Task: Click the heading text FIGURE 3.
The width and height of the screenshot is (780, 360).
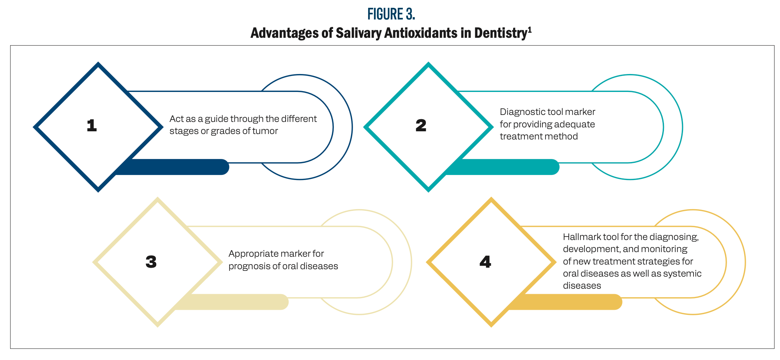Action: click(391, 14)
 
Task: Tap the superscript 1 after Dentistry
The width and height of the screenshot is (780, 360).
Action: click(529, 30)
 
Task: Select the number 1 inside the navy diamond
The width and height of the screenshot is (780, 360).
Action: click(92, 125)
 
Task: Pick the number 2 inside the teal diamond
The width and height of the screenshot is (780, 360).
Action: click(421, 125)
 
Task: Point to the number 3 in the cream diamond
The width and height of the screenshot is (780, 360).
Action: click(151, 262)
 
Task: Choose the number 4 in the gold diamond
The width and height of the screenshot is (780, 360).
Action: click(485, 262)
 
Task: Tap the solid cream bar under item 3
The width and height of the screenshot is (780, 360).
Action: click(234, 302)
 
